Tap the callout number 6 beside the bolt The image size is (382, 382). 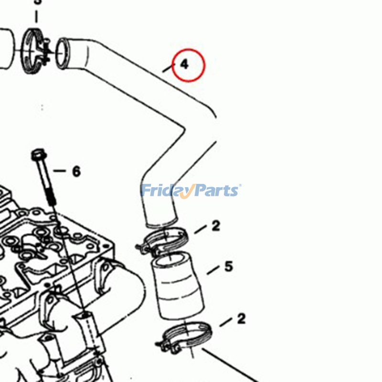76,171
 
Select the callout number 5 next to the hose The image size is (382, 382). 228,266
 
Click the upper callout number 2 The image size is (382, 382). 216,225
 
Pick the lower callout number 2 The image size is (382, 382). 241,318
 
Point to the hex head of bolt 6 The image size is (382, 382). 38,155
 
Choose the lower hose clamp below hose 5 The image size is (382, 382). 186,337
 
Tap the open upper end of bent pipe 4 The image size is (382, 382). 63,52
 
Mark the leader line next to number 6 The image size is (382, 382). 59,170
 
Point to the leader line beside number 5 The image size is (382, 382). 212,271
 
